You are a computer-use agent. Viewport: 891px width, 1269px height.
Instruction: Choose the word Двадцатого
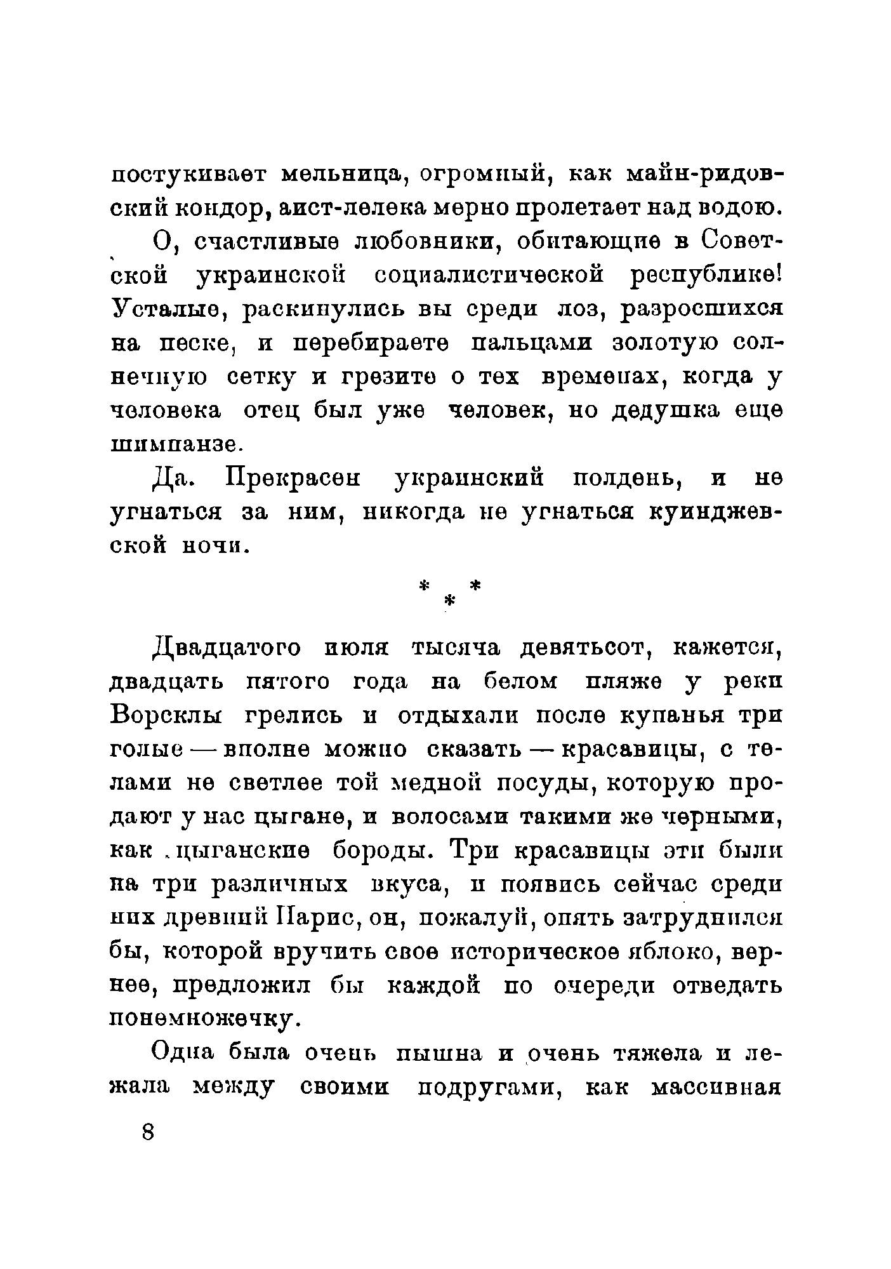coord(227,648)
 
